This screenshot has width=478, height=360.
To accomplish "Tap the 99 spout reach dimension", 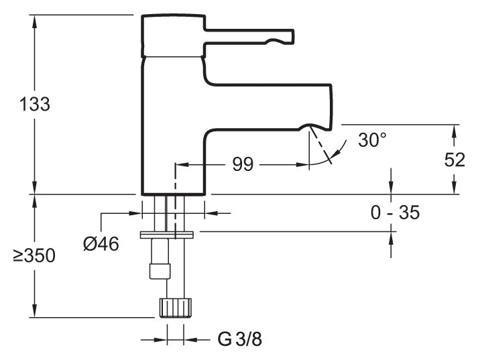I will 243,164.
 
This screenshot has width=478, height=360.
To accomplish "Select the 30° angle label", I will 372,140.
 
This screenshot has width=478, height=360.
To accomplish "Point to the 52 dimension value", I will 455,160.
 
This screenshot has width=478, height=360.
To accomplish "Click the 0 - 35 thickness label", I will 395,213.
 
